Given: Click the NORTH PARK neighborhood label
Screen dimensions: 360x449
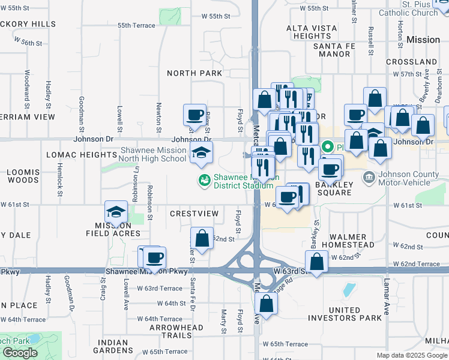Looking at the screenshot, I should [x=194, y=73].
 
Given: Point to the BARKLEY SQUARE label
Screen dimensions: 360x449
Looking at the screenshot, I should [x=334, y=188].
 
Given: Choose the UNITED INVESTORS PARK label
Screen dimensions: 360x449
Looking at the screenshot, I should [x=345, y=314].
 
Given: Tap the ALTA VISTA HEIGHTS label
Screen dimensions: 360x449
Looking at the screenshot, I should [x=309, y=32].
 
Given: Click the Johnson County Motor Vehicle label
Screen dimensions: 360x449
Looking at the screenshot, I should [x=409, y=181].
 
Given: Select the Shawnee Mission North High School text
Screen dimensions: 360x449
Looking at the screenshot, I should [x=153, y=155].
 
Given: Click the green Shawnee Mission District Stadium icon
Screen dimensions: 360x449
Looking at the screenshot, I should [x=204, y=179].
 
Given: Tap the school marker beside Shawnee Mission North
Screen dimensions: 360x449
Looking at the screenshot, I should [x=202, y=153].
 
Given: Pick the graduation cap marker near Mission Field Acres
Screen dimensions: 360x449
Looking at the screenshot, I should [x=116, y=211].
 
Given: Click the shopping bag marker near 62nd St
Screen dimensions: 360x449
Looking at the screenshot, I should [x=202, y=238].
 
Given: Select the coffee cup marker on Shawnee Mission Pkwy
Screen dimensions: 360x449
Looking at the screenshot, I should [x=154, y=257].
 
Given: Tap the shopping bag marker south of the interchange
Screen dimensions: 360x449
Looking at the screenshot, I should [x=267, y=303].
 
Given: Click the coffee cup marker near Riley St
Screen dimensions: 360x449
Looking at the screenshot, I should [x=195, y=115].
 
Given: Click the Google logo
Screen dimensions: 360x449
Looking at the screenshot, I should [x=20, y=353].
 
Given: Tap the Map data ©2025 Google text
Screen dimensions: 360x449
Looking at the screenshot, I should [x=411, y=355].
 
